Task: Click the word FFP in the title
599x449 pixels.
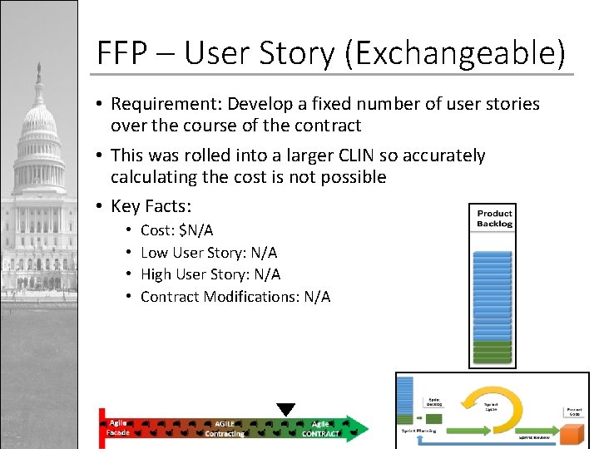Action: (121, 54)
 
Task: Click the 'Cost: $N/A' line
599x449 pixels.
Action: (176, 230)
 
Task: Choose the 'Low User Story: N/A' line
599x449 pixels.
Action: (209, 252)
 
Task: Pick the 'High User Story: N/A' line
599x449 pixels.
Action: (210, 274)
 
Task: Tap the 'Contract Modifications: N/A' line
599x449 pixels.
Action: (235, 297)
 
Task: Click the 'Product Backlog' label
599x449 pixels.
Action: (494, 219)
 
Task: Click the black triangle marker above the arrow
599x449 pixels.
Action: (286, 409)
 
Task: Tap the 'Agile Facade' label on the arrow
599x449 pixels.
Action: (117, 427)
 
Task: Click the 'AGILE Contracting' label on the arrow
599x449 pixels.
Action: (225, 428)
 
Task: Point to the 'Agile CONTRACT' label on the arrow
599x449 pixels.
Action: (320, 428)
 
